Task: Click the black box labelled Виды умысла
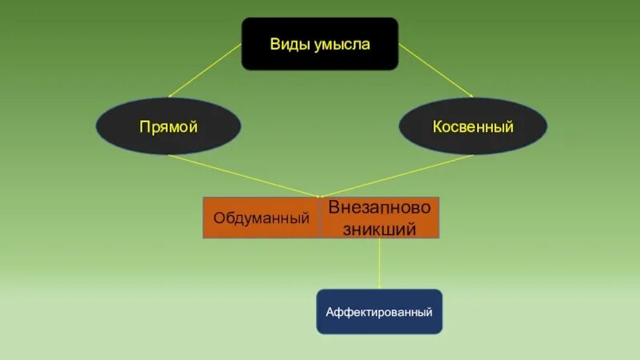pyautogui.click(x=319, y=44)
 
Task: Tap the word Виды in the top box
pyautogui.click(x=286, y=45)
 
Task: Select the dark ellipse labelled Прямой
pyautogui.click(x=168, y=126)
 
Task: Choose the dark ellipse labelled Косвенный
pyautogui.click(x=473, y=126)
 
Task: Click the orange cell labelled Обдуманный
pyautogui.click(x=261, y=218)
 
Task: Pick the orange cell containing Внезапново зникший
pyautogui.click(x=379, y=218)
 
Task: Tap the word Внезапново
pyautogui.click(x=379, y=207)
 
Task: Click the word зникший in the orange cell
pyautogui.click(x=379, y=229)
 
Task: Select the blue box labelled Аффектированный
pyautogui.click(x=379, y=311)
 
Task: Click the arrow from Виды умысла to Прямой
pyautogui.click(x=205, y=70)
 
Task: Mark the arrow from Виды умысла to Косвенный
pyautogui.click(x=435, y=70)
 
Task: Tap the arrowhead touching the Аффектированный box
pyautogui.click(x=379, y=286)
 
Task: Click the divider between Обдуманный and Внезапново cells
pyautogui.click(x=320, y=218)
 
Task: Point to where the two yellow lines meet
pyautogui.click(x=318, y=195)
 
